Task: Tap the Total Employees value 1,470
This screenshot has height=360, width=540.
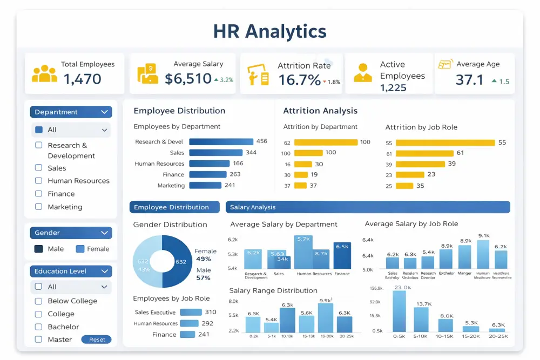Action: [83, 79]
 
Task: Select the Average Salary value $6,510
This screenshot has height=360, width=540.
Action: [188, 79]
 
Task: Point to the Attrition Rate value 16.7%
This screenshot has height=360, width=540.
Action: [299, 80]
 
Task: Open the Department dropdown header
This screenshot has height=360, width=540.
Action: [71, 112]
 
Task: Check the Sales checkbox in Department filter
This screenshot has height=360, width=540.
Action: [39, 168]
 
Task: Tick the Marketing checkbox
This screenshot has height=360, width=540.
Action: [39, 207]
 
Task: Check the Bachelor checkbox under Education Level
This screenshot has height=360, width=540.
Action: [39, 327]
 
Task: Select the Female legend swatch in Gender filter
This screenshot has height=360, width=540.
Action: [80, 249]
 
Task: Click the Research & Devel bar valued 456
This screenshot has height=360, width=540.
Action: [221, 142]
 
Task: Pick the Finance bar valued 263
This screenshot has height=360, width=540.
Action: [207, 174]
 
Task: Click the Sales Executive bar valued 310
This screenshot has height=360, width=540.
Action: [191, 312]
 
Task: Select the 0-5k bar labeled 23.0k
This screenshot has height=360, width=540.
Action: [399, 311]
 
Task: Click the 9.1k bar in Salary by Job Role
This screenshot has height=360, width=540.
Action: [483, 254]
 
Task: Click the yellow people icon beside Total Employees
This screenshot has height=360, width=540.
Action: [44, 74]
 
